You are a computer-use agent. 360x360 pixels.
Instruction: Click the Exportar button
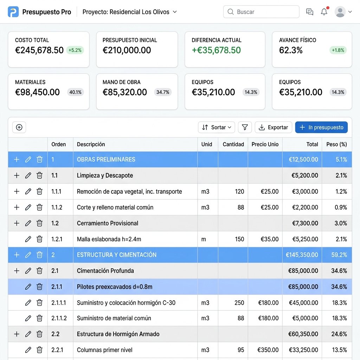273,127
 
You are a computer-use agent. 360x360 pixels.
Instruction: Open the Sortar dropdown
216,127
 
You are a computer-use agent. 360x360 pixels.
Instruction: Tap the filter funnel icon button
245,127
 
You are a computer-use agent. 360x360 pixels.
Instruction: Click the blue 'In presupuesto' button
321,127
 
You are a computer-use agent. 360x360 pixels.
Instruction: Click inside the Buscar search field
261,12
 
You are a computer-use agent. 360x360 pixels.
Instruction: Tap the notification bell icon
324,12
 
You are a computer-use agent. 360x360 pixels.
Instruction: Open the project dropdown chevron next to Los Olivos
175,12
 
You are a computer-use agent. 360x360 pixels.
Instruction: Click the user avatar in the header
340,12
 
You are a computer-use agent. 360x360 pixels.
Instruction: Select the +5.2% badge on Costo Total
75,50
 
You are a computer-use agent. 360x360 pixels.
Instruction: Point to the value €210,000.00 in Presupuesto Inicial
127,50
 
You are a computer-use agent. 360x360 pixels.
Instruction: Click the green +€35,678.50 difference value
216,50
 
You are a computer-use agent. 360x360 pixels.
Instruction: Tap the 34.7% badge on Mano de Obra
163,92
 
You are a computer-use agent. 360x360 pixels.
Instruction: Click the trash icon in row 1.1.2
39,207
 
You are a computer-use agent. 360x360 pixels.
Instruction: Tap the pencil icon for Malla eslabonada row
28,239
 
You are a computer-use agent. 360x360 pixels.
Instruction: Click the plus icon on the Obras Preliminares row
17,159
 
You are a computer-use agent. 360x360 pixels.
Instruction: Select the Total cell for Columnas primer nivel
302,350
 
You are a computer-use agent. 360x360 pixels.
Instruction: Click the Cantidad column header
233,144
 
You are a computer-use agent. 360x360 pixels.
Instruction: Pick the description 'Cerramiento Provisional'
108,223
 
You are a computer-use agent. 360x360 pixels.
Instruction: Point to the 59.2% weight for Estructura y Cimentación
339,255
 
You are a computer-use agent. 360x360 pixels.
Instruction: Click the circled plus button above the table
19,127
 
